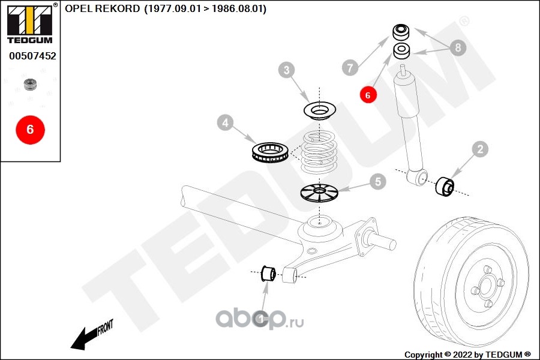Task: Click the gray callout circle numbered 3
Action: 287,70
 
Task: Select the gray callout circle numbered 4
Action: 225,122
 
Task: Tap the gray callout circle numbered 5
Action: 378,182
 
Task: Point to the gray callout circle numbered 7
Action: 350,67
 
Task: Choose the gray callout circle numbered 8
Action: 458,47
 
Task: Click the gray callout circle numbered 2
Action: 480,149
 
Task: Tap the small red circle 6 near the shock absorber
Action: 368,95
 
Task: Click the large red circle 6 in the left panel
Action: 31,130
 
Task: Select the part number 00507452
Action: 33,56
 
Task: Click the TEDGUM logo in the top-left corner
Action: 30,23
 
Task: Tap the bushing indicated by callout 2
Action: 445,186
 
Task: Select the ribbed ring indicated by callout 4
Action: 270,152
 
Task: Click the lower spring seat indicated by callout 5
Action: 319,193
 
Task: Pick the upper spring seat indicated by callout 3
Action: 320,110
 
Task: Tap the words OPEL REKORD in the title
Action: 102,8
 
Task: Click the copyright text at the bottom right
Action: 467,355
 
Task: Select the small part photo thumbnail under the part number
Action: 30,84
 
